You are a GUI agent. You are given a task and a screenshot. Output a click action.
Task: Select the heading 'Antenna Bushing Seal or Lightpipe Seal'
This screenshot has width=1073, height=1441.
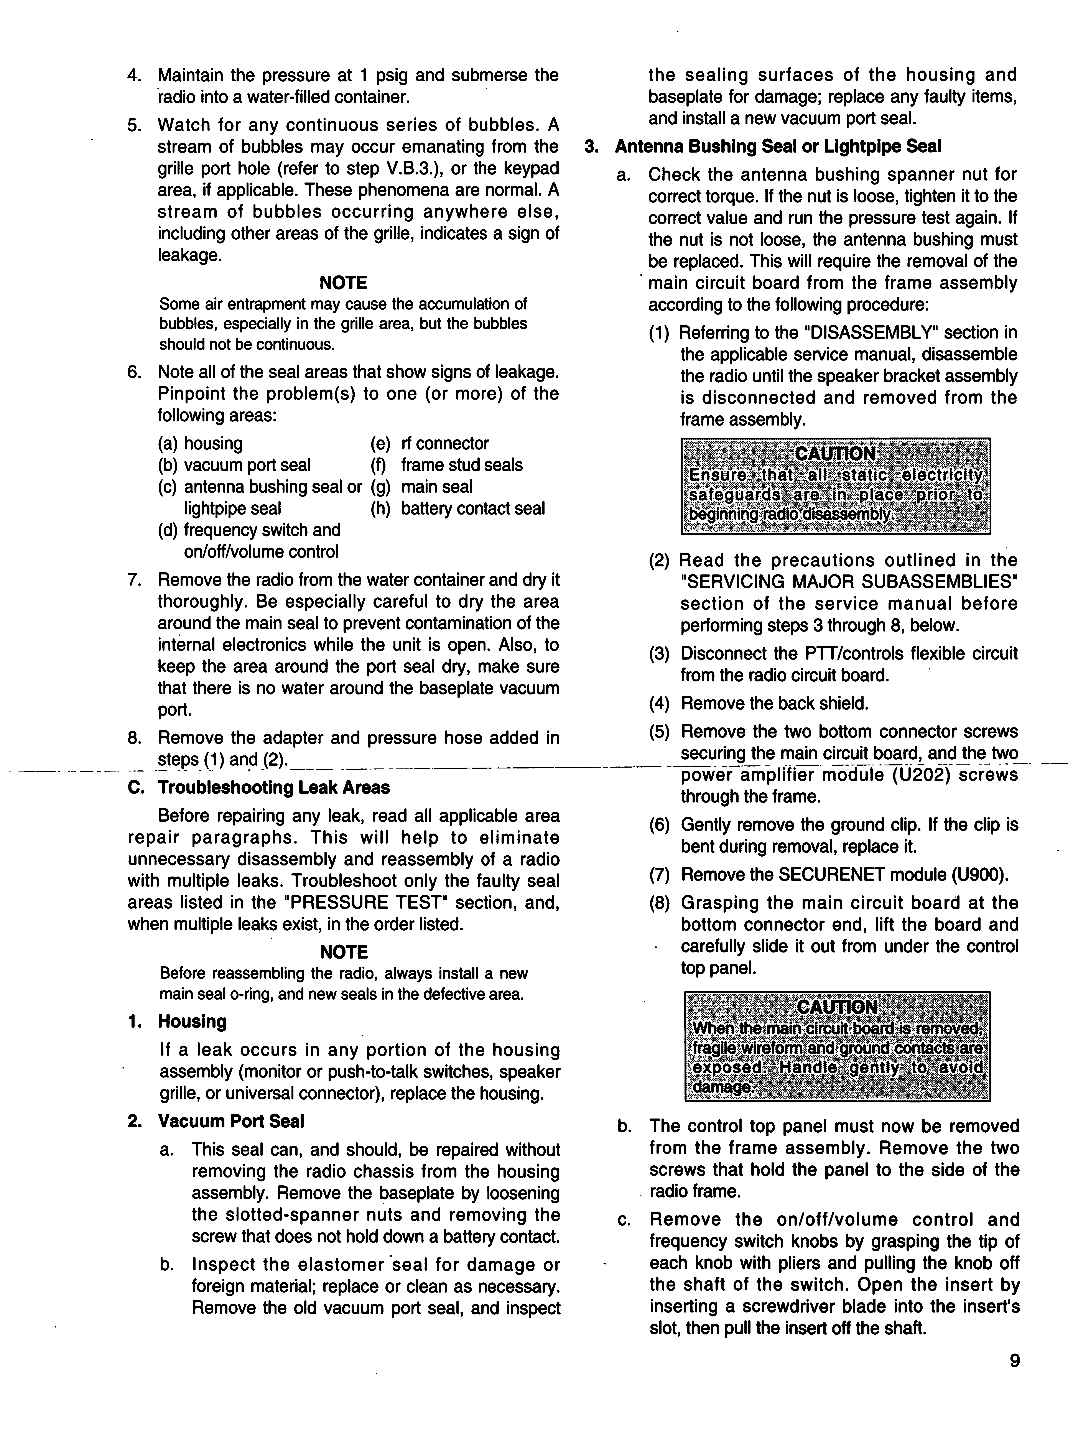pyautogui.click(x=777, y=147)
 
